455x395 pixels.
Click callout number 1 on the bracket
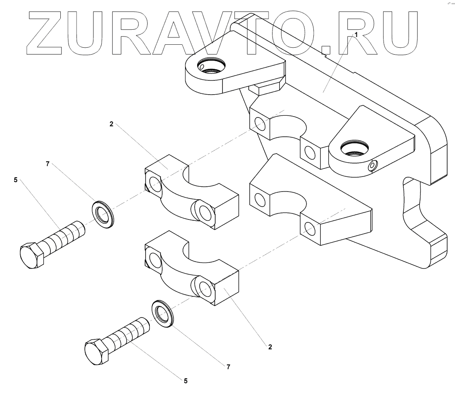coord(356,34)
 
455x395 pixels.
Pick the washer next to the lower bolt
coord(162,314)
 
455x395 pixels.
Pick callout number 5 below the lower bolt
coord(186,380)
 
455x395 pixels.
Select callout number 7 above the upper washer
coord(48,164)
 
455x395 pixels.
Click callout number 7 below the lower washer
coord(229,367)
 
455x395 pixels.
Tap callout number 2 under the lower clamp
coord(270,346)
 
